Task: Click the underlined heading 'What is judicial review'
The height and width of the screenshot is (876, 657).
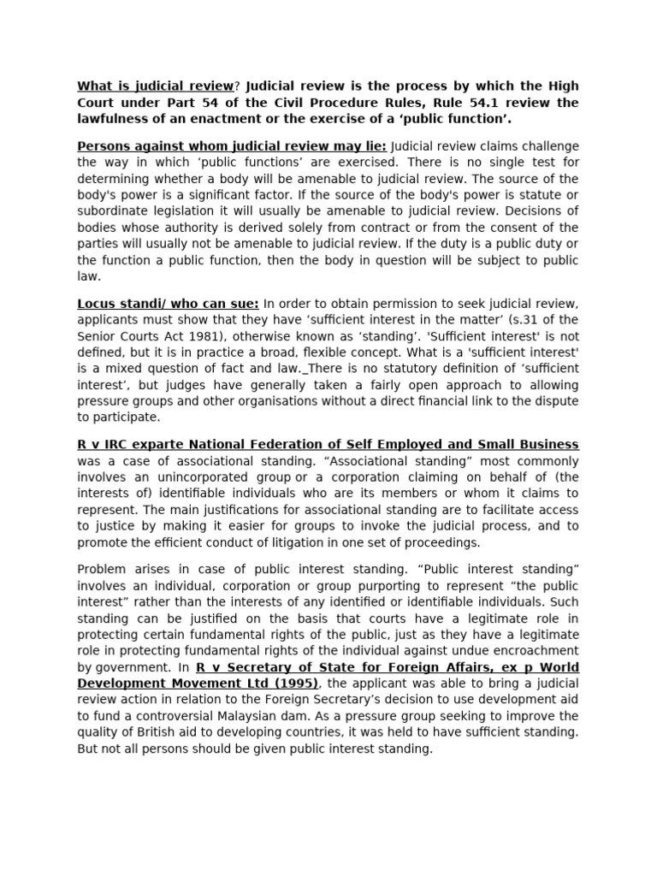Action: (x=155, y=86)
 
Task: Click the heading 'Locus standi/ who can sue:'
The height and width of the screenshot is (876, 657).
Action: (x=157, y=304)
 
